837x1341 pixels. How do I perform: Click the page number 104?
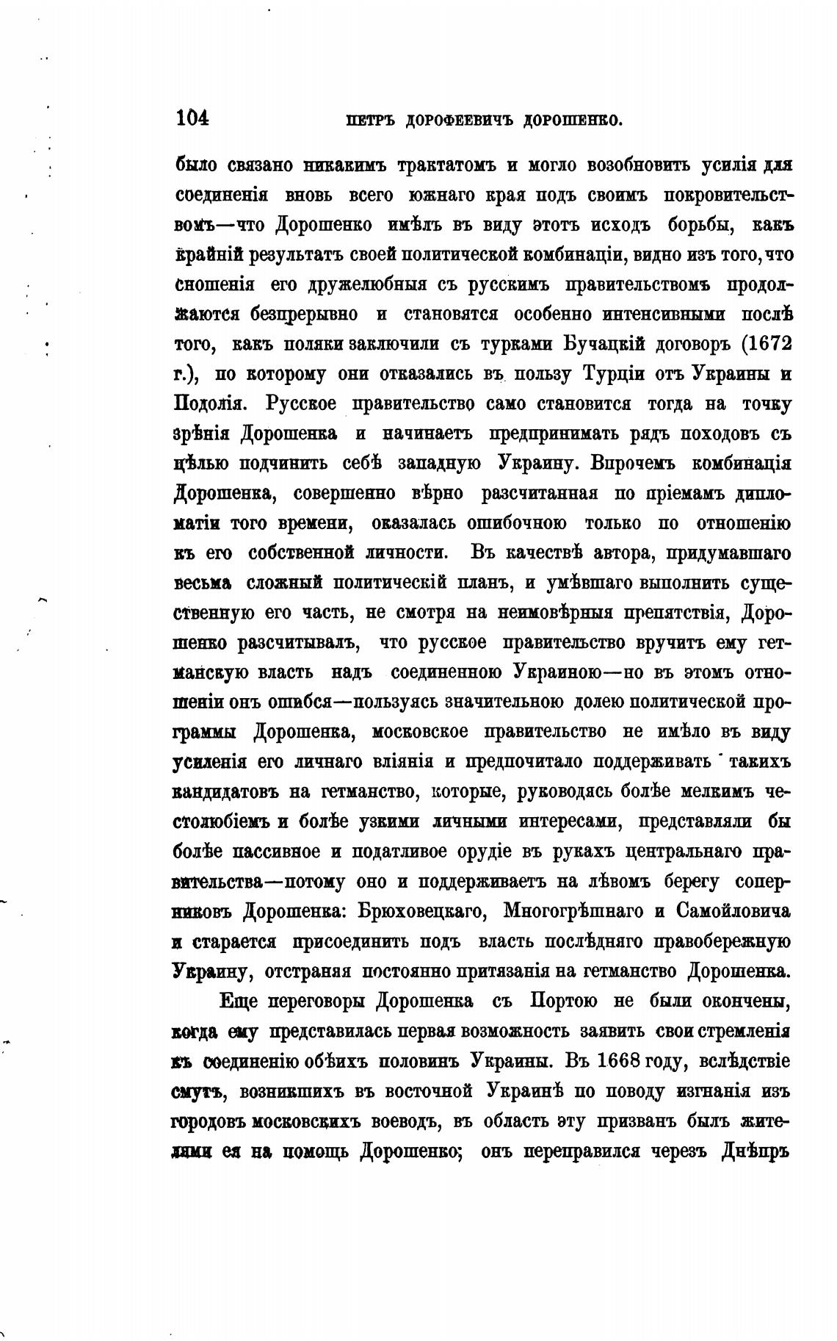pos(192,118)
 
